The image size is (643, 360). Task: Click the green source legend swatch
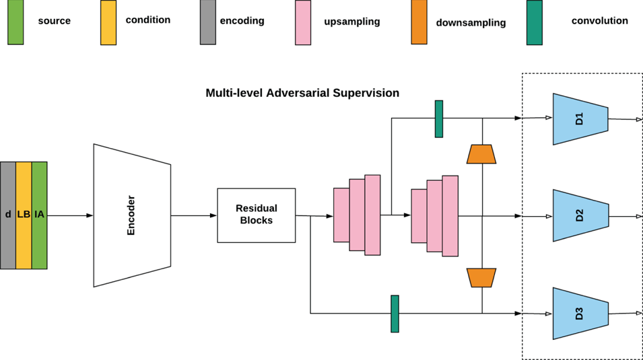point(15,23)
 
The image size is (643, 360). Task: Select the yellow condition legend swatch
point(108,23)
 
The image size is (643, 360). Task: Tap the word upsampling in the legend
point(351,22)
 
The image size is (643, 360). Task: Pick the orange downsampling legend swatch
point(419,23)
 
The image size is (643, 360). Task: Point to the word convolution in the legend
point(599,21)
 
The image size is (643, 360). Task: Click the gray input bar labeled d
point(8,215)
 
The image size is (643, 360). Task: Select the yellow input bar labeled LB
point(24,215)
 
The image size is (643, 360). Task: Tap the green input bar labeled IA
point(40,215)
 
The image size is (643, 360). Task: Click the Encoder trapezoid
point(131,215)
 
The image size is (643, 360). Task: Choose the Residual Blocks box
point(256,215)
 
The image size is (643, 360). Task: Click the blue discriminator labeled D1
point(580,119)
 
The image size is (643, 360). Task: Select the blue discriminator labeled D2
point(580,215)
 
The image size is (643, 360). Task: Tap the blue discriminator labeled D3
point(580,314)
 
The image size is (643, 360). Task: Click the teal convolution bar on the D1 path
point(439,119)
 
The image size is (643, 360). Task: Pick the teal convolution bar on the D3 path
point(395,314)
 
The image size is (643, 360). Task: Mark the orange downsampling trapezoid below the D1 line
point(481,154)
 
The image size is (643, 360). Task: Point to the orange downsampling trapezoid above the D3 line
point(481,277)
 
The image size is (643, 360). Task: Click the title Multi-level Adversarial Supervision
point(302,93)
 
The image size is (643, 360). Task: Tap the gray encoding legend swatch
point(207,23)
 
